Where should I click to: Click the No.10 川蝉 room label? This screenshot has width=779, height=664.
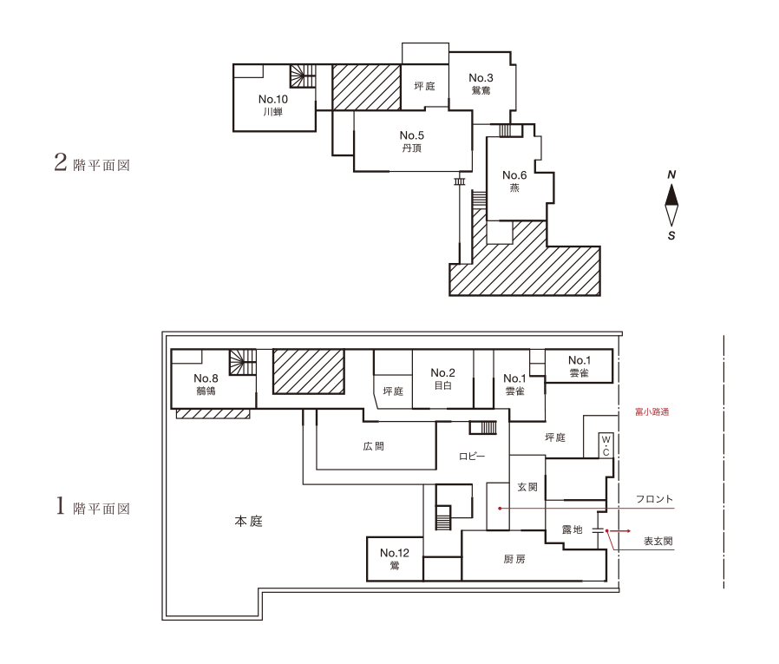coord(272,105)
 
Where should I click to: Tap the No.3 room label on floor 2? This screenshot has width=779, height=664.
coord(481,83)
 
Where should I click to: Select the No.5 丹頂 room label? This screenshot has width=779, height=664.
coord(412,141)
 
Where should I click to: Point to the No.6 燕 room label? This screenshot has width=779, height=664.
coord(514,181)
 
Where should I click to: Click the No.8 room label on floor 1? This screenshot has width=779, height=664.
coord(206,385)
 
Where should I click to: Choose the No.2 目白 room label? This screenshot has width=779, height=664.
coord(442,378)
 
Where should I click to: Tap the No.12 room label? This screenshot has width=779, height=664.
coord(395,559)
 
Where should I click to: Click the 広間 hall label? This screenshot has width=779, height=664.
coord(374,446)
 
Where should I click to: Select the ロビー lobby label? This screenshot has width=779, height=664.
coord(472,457)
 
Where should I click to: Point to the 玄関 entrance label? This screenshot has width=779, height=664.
coord(527,487)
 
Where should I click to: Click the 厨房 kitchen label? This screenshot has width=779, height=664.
coord(514,559)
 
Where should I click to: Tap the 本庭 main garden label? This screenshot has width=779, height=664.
coord(248,521)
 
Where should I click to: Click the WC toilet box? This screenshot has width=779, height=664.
coord(606,444)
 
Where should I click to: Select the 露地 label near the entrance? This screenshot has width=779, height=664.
coord(572,529)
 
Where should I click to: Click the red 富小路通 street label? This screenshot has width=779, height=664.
coord(651,411)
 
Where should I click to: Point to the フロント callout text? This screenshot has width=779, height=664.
coord(654,499)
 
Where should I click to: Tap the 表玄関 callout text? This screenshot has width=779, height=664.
coord(658,542)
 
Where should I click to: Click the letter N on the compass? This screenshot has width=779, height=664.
coord(671,174)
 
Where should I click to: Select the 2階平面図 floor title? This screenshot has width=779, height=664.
coord(92,162)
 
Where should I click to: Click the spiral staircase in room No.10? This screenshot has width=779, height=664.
coord(303,76)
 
